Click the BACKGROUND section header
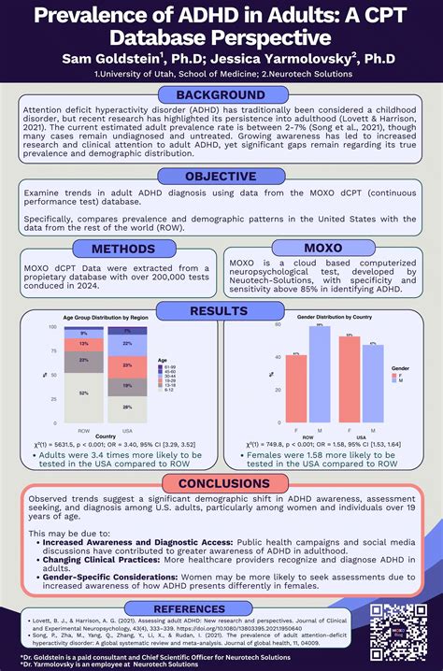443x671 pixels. [221, 95]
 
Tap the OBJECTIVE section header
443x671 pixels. [221, 177]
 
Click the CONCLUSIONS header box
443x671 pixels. [221, 484]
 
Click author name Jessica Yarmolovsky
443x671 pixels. [298, 59]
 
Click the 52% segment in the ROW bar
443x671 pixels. [84, 393]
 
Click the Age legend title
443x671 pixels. [164, 360]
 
